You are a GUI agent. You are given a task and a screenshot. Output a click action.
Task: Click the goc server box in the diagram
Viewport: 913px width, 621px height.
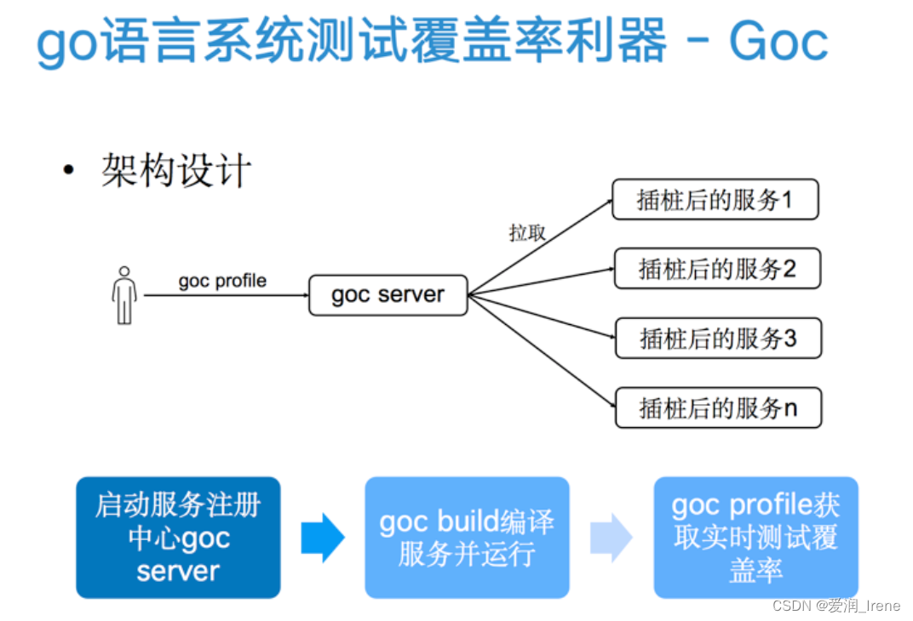(x=388, y=295)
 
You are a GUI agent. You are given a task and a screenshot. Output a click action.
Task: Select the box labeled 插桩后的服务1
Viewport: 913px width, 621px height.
(x=715, y=200)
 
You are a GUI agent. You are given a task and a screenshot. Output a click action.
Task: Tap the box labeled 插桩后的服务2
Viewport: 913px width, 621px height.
(x=717, y=270)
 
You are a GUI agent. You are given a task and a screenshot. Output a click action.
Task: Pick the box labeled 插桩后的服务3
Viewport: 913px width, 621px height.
(x=717, y=339)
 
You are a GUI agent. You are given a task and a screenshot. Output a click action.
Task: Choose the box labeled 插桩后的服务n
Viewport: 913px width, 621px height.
(x=717, y=407)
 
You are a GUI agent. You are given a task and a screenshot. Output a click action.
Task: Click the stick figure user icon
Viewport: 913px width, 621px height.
(x=124, y=295)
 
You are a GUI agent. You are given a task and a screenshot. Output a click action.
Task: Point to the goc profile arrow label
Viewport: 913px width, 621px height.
(x=222, y=281)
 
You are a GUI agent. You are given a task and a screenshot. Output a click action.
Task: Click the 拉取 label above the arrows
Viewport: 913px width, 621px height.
(x=527, y=233)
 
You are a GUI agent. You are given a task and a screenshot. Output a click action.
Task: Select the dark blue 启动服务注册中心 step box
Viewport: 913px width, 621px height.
(x=178, y=538)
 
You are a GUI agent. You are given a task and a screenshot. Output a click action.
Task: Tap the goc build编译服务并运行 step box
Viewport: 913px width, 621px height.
(x=467, y=538)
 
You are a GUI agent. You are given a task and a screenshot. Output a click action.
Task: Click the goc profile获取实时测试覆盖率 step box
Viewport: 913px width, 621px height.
(x=755, y=538)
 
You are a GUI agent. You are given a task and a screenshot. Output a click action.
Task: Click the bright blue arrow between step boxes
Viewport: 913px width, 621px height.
(x=322, y=538)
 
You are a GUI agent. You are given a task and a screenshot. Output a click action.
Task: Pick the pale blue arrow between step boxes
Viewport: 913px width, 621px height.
(x=611, y=538)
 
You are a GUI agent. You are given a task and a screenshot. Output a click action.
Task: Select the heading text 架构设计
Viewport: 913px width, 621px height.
(x=176, y=170)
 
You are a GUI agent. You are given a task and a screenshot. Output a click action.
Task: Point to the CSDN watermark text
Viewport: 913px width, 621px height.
(x=835, y=605)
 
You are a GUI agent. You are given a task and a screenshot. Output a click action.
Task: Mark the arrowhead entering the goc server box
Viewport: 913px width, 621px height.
(x=303, y=295)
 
